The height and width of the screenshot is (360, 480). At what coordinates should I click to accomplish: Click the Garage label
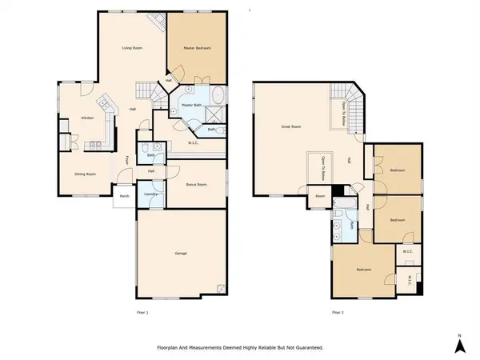[x=181, y=254]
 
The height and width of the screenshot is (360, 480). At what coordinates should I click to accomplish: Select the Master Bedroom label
[x=198, y=49]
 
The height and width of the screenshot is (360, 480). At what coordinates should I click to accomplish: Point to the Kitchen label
[x=87, y=118]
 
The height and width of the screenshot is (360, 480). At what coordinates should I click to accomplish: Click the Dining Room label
[x=86, y=174]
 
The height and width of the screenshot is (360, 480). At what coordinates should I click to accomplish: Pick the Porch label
[x=124, y=196]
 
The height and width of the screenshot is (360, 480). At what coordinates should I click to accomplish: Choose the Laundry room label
[x=150, y=195]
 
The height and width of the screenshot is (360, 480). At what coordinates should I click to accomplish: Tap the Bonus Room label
[x=196, y=184]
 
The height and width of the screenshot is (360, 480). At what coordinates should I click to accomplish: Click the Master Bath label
[x=191, y=105]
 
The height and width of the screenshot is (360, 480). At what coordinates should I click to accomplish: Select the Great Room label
[x=290, y=126]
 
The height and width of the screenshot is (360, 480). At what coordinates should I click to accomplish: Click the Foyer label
[x=127, y=160]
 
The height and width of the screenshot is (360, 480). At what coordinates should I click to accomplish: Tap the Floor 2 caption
[x=338, y=312]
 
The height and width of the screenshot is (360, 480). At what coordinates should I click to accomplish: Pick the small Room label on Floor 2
[x=319, y=195]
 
